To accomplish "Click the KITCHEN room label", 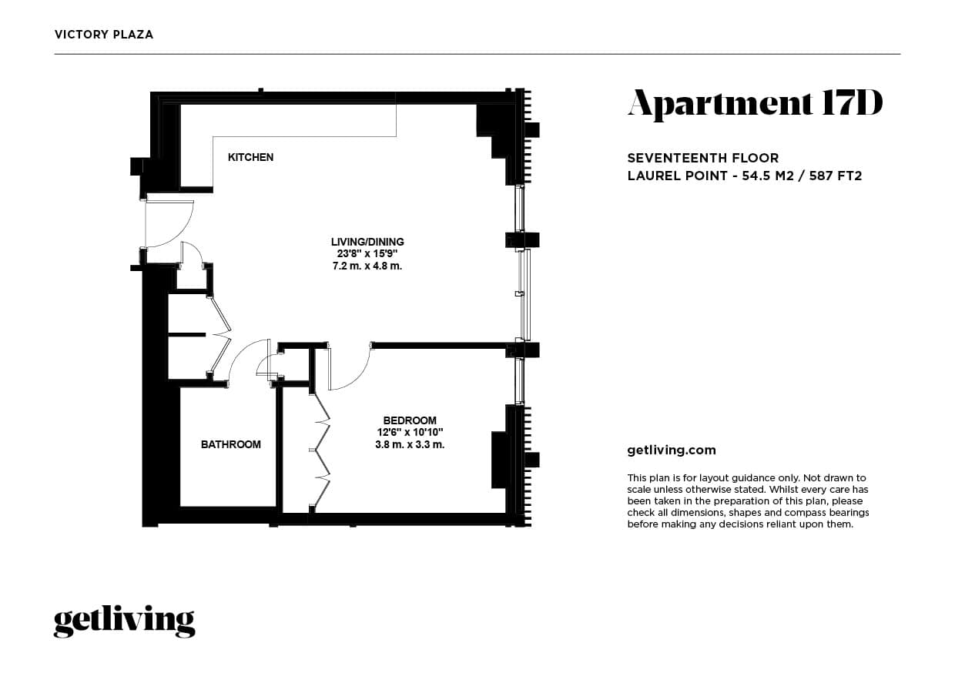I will pos(250,157).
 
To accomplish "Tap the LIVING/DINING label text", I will pos(367,242).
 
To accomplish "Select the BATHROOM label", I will pos(230,444).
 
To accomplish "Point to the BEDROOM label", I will pos(410,420).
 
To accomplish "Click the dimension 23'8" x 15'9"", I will pos(367,253).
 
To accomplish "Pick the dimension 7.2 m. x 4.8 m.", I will pos(367,266).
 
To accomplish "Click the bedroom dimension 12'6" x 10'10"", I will pos(410,432).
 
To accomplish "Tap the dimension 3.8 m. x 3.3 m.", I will pos(410,444).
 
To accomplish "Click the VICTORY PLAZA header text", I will pos(104,35).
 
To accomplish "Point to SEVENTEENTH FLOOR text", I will pos(703,158).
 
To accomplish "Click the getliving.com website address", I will pos(672,450).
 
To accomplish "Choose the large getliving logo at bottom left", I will pos(124,621).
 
